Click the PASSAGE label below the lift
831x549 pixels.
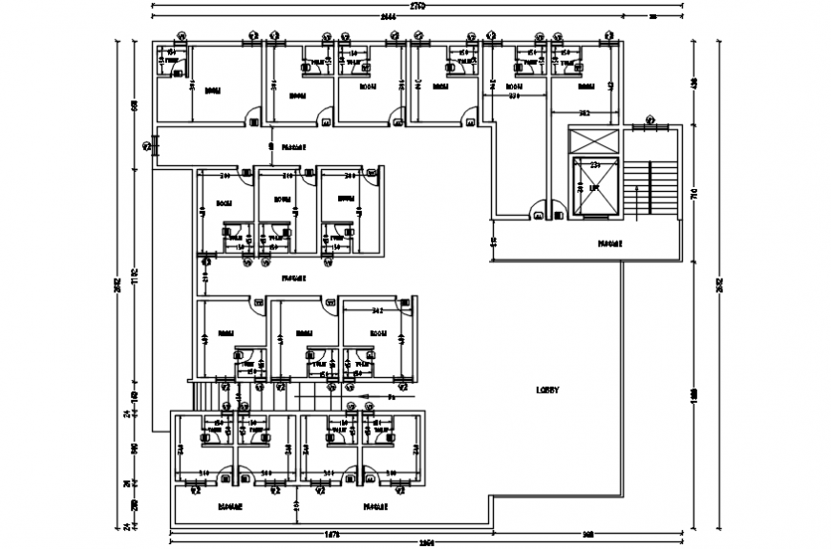[x=610, y=243]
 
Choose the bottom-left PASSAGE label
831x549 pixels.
[x=229, y=506]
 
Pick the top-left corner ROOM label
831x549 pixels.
[x=212, y=91]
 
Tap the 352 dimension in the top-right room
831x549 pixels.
[x=584, y=114]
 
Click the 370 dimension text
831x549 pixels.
[x=512, y=96]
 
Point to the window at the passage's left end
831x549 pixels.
[x=148, y=146]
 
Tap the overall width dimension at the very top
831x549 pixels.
[x=417, y=7]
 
